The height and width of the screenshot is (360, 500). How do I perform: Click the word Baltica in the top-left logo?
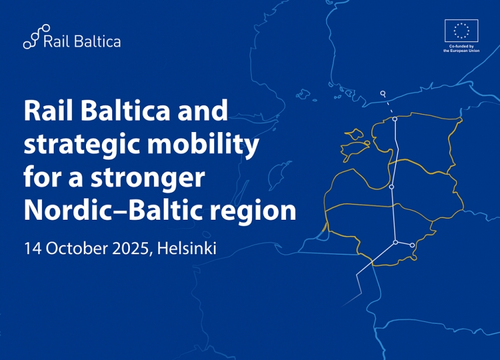(x=97, y=41)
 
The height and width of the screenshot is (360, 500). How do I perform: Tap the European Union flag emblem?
(x=461, y=30)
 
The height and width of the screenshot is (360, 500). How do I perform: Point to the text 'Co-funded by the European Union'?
(x=461, y=49)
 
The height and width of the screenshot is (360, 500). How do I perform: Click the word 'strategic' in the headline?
(x=82, y=144)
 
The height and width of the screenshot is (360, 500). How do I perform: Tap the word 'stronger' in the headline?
(x=147, y=178)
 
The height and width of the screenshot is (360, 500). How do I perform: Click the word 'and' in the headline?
(x=202, y=110)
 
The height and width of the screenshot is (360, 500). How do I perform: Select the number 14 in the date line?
(x=33, y=248)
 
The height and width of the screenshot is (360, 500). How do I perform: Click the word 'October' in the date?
(x=77, y=248)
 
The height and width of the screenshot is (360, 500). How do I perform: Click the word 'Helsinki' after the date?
(x=187, y=248)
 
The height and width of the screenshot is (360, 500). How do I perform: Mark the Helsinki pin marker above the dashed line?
(x=383, y=94)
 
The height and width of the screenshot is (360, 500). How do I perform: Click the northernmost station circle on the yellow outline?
(x=395, y=119)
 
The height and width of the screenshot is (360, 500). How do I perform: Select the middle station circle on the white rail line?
(x=392, y=186)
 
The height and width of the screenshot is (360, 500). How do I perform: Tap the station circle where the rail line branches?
(x=395, y=243)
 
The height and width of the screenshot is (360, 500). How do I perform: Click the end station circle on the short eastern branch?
(x=412, y=245)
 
